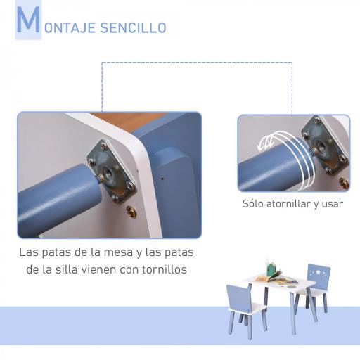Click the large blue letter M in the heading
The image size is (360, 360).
(x=28, y=22)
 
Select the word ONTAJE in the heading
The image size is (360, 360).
(x=69, y=28)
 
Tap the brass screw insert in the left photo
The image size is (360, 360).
(x=132, y=210)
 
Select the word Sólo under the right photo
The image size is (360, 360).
(x=255, y=205)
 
